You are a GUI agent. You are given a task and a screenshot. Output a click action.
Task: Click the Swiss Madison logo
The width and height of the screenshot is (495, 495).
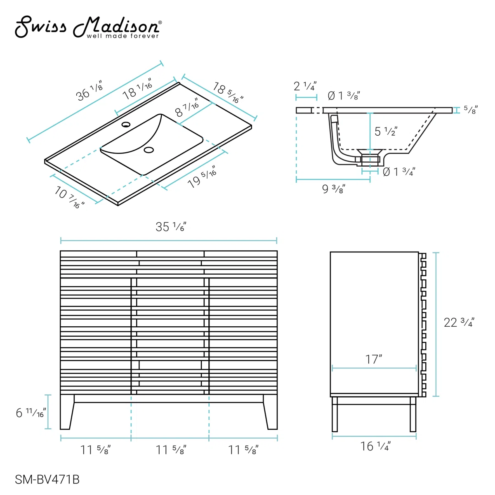(88, 27)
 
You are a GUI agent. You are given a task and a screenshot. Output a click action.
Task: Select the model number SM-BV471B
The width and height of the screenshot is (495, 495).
(47, 479)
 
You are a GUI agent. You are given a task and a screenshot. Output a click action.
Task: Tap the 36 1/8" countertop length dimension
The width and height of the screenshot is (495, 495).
(89, 90)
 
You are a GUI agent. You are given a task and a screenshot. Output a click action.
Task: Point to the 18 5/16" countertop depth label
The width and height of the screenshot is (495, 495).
(228, 92)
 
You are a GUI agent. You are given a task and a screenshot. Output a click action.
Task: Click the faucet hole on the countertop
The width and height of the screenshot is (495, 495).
(126, 125)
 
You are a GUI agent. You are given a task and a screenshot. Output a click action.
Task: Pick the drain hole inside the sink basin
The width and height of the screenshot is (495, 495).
(149, 150)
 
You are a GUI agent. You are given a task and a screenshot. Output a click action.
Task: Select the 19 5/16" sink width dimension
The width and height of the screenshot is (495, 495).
(202, 177)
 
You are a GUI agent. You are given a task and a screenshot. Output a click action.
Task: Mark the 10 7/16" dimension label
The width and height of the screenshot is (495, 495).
(69, 197)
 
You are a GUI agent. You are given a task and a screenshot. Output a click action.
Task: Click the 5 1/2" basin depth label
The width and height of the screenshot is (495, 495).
(386, 131)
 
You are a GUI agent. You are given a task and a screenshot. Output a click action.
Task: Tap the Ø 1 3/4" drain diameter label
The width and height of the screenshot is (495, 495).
(399, 172)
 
